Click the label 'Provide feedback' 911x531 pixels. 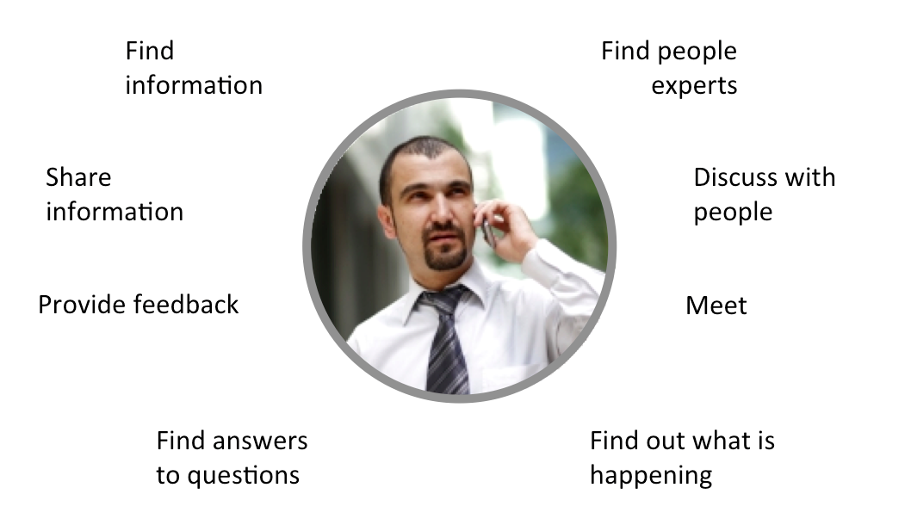click(139, 305)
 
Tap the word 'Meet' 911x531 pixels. click(716, 306)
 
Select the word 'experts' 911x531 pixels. click(694, 86)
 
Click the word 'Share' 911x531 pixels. click(78, 178)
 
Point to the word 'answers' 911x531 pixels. click(258, 441)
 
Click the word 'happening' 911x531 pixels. click(650, 476)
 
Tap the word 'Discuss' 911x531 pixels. click(734, 178)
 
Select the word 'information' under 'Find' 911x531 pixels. click(194, 85)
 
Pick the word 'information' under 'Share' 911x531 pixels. click(115, 213)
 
